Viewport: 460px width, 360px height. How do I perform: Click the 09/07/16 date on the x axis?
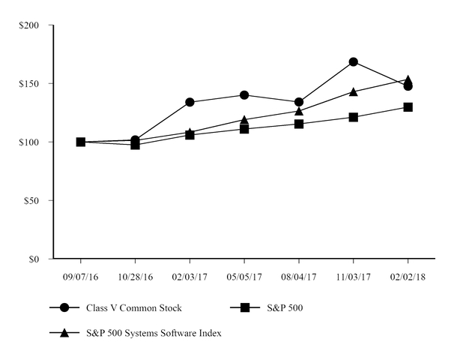pyautogui.click(x=80, y=277)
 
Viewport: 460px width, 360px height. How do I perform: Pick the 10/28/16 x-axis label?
pyautogui.click(x=135, y=277)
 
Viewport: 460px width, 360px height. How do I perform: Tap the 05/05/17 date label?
pyautogui.click(x=244, y=277)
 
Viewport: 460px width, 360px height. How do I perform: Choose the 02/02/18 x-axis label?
pyautogui.click(x=408, y=277)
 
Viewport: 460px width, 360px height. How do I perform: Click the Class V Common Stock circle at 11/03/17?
pyautogui.click(x=353, y=61)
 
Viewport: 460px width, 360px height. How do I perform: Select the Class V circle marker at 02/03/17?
pyautogui.click(x=190, y=102)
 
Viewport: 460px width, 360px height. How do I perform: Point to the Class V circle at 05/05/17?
pyautogui.click(x=244, y=95)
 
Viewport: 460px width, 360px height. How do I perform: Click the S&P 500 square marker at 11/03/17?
pyautogui.click(x=353, y=117)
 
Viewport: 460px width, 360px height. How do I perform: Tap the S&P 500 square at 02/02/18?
pyautogui.click(x=408, y=107)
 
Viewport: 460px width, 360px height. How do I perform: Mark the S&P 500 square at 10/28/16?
pyautogui.click(x=135, y=145)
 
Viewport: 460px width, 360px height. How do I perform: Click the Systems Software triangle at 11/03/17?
pyautogui.click(x=353, y=91)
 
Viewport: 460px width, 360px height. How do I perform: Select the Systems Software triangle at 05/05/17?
pyautogui.click(x=244, y=119)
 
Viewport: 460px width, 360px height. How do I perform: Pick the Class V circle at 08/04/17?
pyautogui.click(x=298, y=102)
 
